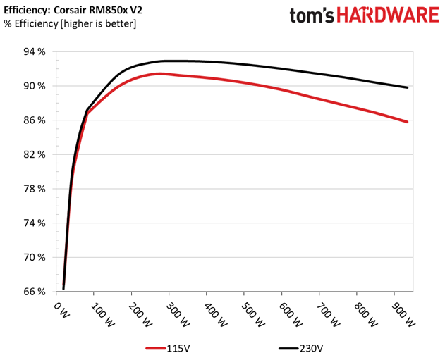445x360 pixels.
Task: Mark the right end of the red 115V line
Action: click(x=408, y=122)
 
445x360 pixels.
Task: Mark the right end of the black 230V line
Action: click(x=408, y=87)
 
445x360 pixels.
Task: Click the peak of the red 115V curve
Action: click(x=161, y=73)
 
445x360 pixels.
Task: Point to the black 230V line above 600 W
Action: click(x=282, y=68)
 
